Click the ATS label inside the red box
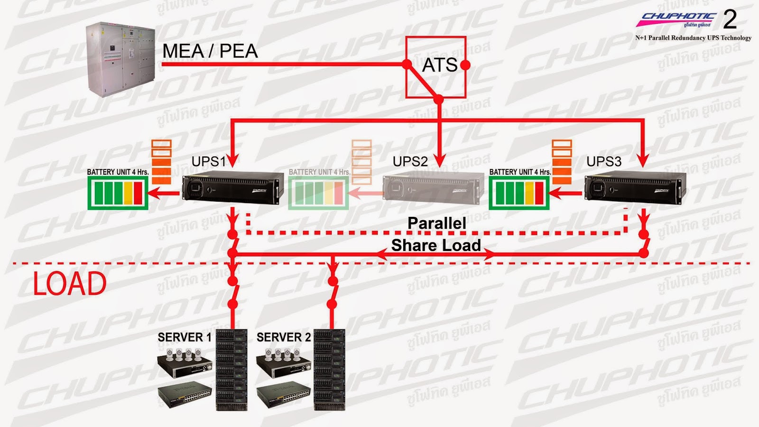pyautogui.click(x=439, y=65)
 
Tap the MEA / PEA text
pyautogui.click(x=210, y=51)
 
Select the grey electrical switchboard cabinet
pyautogui.click(x=120, y=59)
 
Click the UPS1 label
pyautogui.click(x=209, y=162)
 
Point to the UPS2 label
pyautogui.click(x=410, y=162)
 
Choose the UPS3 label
pyautogui.click(x=604, y=162)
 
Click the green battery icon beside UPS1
pyautogui.click(x=118, y=193)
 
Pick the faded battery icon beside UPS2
pyautogui.click(x=319, y=193)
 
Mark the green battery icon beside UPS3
pyautogui.click(x=519, y=193)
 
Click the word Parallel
pyautogui.click(x=436, y=223)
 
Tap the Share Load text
pyautogui.click(x=436, y=245)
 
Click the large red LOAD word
pyautogui.click(x=70, y=284)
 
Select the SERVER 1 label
pyautogui.click(x=185, y=337)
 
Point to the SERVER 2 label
pyautogui.click(x=284, y=337)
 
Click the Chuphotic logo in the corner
pyautogui.click(x=676, y=20)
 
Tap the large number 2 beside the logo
pyautogui.click(x=730, y=19)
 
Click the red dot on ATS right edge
pyautogui.click(x=465, y=65)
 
